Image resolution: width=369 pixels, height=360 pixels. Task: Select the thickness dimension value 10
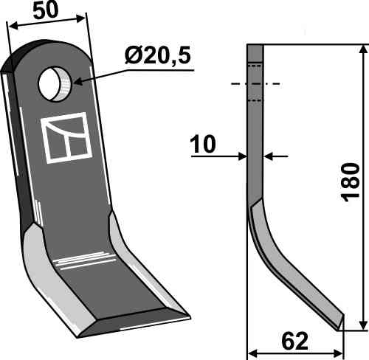(202, 145)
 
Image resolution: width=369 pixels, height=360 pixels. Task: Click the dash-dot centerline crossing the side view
(255, 84)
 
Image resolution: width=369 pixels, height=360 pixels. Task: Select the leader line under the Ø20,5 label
(133, 70)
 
